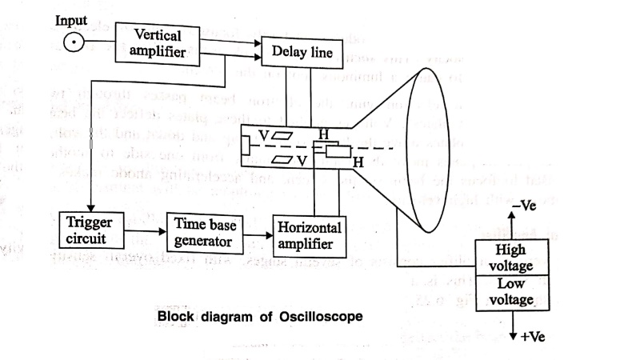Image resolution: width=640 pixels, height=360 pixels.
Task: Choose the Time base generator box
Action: click(204, 230)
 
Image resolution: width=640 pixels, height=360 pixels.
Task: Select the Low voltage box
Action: click(510, 292)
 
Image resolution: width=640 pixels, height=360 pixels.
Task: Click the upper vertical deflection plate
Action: click(286, 136)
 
